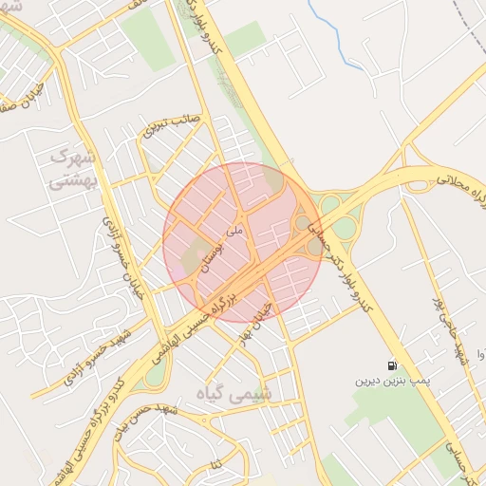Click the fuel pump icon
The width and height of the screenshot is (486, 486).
[391, 365]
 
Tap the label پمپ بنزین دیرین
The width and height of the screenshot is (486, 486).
[392, 380]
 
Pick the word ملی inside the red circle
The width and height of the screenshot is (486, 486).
[236, 231]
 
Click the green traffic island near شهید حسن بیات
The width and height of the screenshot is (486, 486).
[155, 374]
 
